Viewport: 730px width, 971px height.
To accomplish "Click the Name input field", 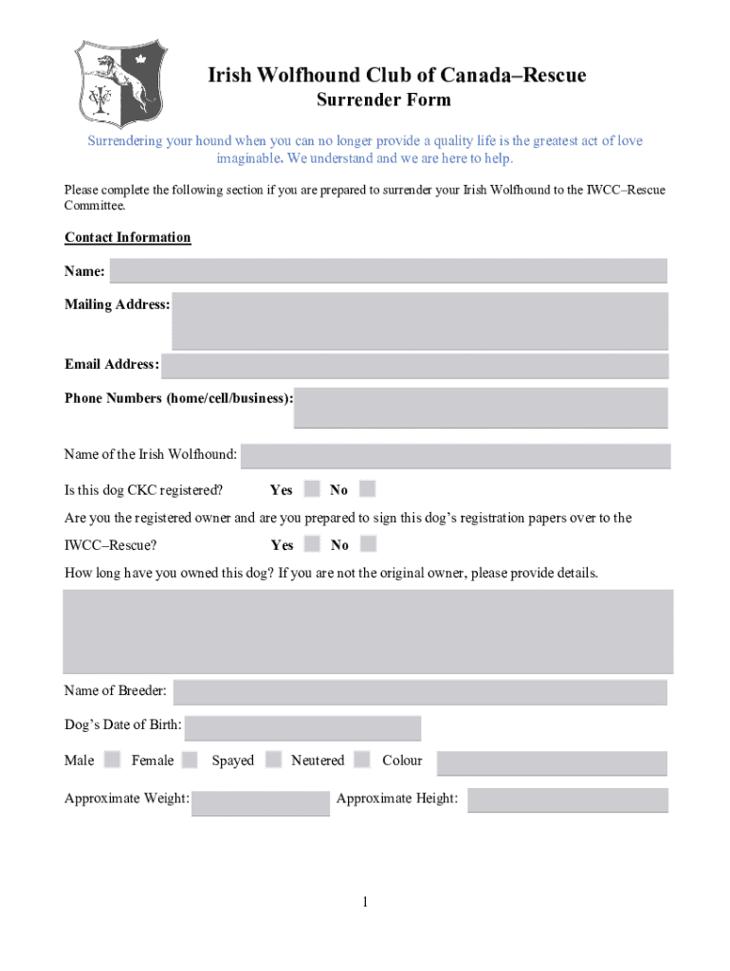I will [388, 271].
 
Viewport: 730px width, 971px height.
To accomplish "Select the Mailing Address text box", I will [419, 321].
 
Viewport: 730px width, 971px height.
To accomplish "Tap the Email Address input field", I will [414, 365].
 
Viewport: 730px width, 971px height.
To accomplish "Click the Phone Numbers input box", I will [481, 408].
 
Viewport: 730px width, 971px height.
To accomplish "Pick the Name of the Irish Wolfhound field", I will [455, 456].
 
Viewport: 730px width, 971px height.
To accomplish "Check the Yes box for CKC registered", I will [311, 489].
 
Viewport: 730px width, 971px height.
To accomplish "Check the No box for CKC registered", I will [368, 489].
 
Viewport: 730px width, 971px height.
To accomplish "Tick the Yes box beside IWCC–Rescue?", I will [311, 544].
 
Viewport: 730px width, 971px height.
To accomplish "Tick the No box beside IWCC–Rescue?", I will [368, 544].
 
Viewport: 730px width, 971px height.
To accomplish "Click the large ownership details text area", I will [368, 631].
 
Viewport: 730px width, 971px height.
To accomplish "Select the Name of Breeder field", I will [420, 692].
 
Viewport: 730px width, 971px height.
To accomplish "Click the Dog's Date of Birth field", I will [302, 728].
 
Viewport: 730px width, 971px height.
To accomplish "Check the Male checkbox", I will [112, 760].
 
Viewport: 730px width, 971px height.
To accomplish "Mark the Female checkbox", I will [190, 760].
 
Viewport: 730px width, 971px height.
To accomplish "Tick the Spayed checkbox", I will [274, 760].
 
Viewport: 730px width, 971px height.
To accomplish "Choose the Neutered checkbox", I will [362, 760].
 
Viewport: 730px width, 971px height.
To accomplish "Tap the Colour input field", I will [552, 763].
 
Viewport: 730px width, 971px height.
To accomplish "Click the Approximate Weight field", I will [261, 802].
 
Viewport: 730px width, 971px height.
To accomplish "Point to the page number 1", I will [364, 902].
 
